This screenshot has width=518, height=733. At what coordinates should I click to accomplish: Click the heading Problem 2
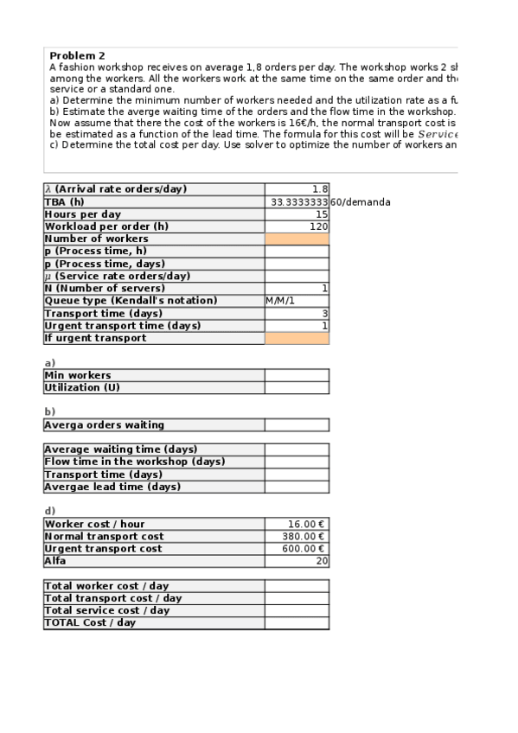[78, 55]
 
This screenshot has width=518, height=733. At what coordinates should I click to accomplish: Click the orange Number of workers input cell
[297, 239]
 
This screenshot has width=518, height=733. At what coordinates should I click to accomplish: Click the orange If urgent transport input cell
[297, 338]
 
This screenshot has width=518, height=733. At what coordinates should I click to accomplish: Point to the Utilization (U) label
[83, 387]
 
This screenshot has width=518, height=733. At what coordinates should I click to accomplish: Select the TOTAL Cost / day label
[90, 622]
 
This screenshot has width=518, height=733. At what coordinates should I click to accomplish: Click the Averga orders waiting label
[104, 424]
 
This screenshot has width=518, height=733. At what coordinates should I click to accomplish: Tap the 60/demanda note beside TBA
[361, 202]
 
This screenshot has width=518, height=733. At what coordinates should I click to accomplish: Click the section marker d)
[49, 511]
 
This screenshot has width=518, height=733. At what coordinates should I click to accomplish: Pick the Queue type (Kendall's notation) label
[131, 301]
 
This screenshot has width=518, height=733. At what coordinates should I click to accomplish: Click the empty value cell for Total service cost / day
[297, 610]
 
